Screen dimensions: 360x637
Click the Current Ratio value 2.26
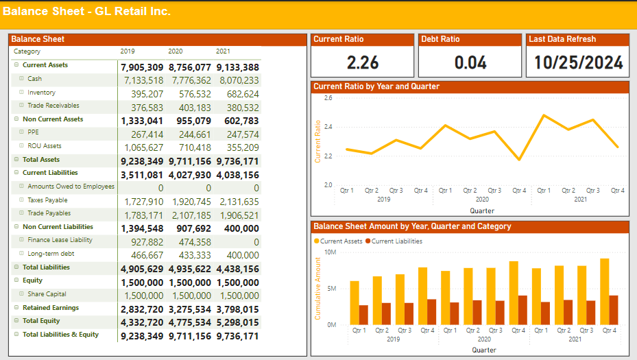click(363, 63)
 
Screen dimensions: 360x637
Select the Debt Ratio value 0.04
click(470, 63)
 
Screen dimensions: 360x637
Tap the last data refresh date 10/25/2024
click(578, 63)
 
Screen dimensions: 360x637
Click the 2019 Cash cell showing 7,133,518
click(142, 80)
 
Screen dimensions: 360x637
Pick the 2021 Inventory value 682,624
click(239, 93)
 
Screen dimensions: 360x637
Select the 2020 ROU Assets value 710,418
click(190, 147)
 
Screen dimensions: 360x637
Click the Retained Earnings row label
click(50, 308)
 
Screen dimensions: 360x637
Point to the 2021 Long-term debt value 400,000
click(239, 254)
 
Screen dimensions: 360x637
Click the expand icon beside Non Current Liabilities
click(16, 227)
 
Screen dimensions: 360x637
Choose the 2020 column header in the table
click(176, 51)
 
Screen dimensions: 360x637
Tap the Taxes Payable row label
click(47, 200)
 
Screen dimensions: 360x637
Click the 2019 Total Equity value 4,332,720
click(142, 322)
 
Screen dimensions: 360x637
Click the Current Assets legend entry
click(341, 241)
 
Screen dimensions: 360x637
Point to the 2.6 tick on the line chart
click(328, 99)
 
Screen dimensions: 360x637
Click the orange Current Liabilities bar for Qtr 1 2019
click(363, 315)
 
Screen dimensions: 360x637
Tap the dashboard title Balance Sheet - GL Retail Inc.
click(87, 12)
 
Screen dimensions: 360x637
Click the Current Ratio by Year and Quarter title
click(376, 86)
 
